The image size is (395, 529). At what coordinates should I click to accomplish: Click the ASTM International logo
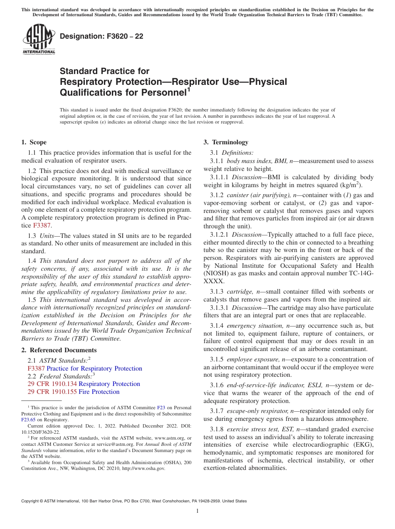[x=38, y=39]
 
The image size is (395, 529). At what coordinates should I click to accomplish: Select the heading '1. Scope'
[x=34, y=142]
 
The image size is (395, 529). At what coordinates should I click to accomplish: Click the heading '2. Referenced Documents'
[x=59, y=350]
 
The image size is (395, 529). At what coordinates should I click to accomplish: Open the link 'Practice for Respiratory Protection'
[x=94, y=368]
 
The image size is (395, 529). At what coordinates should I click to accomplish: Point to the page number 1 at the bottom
[x=197, y=511]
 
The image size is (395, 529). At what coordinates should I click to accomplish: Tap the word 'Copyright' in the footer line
[x=32, y=501]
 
